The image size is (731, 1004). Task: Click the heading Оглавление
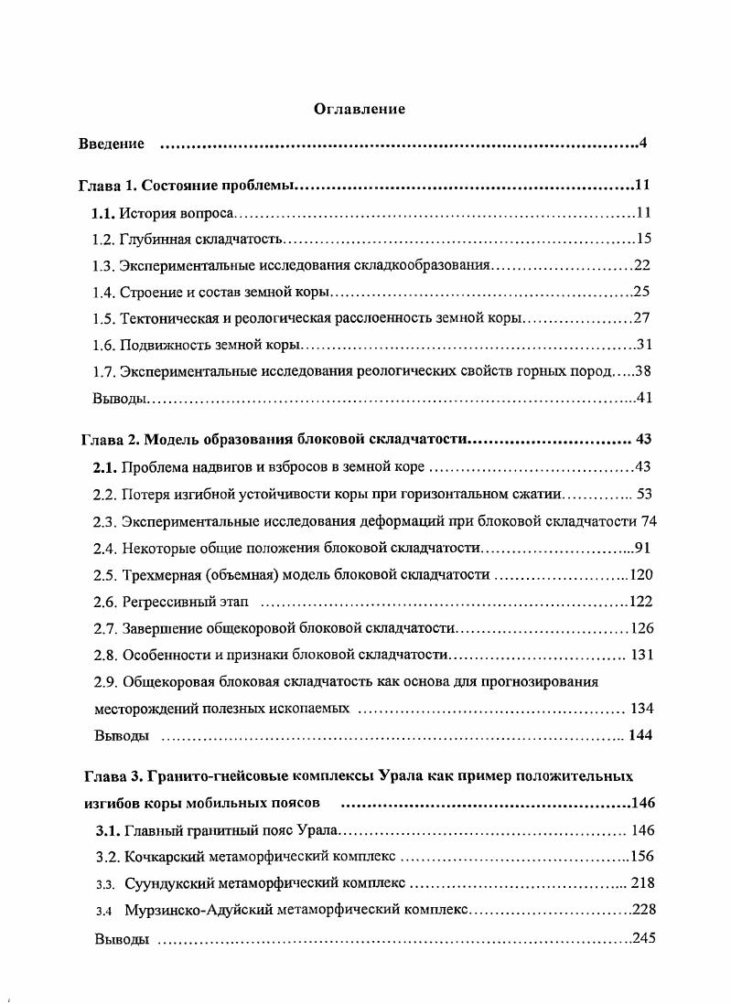[360, 110]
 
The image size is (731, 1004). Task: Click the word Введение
[111, 144]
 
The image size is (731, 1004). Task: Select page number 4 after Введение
[643, 144]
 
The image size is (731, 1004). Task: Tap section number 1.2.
[104, 240]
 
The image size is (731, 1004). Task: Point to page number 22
[641, 266]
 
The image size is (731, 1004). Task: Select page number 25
[641, 293]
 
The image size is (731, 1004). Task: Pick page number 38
[641, 372]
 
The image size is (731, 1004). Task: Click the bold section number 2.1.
[105, 468]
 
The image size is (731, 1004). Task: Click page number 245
[643, 939]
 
